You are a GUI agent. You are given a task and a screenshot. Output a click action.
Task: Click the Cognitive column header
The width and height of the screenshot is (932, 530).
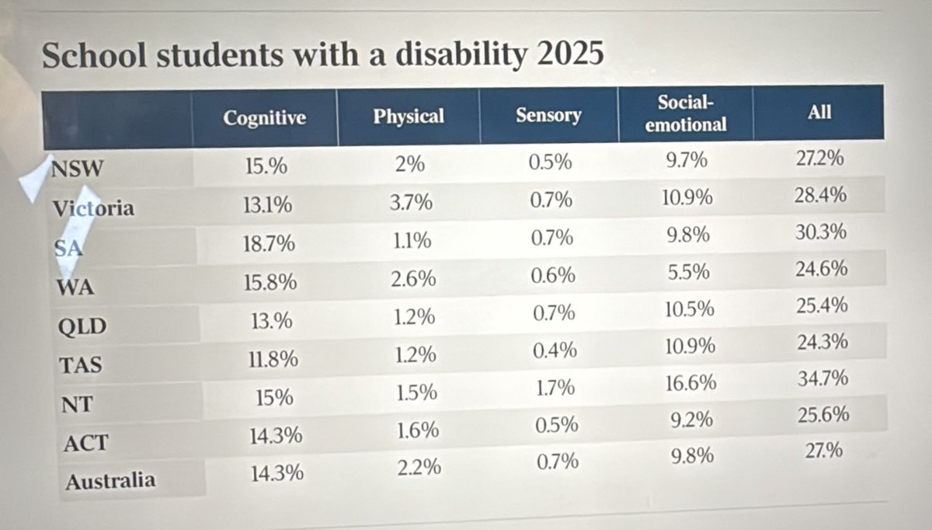265,118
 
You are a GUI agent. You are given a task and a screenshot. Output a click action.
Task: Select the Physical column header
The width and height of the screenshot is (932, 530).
409,116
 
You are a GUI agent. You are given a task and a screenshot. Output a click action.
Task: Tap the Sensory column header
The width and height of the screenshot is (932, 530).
548,115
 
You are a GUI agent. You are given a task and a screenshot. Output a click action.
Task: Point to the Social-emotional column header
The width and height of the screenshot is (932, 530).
686,113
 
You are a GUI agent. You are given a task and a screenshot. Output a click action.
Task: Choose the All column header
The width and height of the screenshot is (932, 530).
819,112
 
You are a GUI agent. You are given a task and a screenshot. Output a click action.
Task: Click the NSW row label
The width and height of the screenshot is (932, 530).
77,169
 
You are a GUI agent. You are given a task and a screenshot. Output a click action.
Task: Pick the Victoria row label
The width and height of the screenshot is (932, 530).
93,208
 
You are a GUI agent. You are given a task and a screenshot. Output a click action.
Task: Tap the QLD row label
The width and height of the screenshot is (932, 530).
82,326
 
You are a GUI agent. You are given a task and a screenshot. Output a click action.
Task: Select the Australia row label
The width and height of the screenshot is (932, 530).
110,481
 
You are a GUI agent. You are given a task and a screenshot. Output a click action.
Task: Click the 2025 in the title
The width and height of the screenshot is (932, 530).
570,53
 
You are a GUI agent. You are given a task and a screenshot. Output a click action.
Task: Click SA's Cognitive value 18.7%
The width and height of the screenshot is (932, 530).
269,243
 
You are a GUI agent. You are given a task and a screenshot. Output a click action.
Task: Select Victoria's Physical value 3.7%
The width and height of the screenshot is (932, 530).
411,202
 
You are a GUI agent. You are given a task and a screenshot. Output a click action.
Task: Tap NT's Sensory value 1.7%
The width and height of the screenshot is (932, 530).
555,388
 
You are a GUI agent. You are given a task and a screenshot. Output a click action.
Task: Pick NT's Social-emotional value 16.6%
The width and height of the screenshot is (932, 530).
690,383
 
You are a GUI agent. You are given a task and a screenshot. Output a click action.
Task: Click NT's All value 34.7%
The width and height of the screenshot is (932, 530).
822,378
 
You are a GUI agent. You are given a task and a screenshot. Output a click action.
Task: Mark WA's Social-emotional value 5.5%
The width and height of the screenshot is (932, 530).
689,272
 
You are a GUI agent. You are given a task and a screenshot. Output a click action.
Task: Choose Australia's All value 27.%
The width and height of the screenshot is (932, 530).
824,451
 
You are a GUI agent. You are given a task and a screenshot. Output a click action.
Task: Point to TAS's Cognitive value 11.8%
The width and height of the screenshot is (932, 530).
273,359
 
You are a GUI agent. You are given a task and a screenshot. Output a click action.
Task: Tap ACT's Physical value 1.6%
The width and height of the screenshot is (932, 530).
417,431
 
